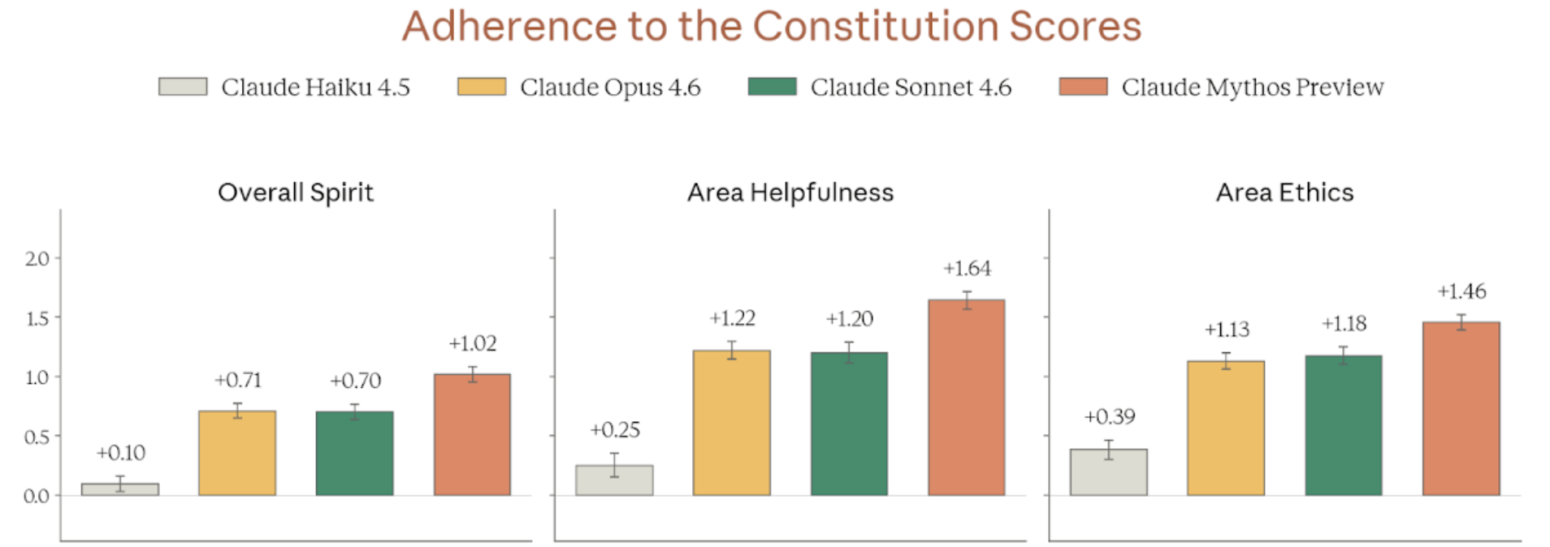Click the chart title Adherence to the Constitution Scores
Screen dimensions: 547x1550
(772, 26)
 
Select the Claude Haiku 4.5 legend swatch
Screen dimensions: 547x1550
(183, 87)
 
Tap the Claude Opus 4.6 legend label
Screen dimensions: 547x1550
(610, 87)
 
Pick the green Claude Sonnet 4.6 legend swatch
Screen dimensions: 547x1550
(772, 87)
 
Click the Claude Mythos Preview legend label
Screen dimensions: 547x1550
(1252, 87)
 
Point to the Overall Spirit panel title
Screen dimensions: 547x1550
(296, 192)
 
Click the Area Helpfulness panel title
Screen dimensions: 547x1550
(790, 192)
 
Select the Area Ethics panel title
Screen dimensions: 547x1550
(1284, 192)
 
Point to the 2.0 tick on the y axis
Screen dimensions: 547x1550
(37, 259)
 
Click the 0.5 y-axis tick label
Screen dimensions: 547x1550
(37, 437)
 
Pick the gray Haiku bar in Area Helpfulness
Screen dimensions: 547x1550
(614, 480)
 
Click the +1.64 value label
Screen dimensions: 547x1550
(967, 269)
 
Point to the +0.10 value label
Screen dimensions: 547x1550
(120, 453)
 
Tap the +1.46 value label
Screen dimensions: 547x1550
(1461, 291)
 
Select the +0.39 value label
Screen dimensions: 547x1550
(1109, 417)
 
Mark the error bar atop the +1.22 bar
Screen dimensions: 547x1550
(731, 350)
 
